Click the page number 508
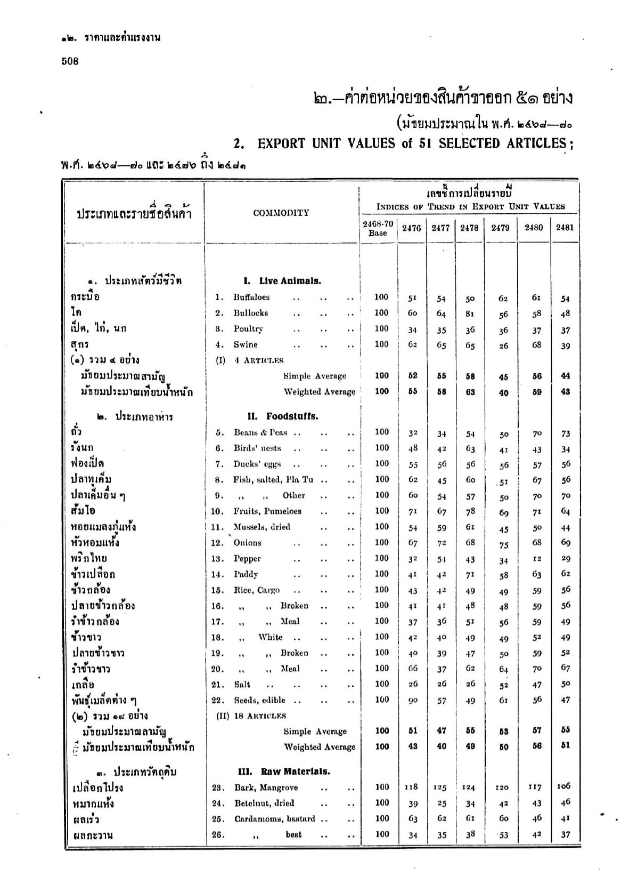70,61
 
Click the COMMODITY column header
281,213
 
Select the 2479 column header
500,228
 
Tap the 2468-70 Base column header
378,228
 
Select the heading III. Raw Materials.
283,772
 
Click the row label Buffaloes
251,298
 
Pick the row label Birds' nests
257,448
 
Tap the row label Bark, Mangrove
266,787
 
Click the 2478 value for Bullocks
470,314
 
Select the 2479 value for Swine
503,345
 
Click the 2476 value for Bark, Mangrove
411,787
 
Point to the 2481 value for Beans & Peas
565,433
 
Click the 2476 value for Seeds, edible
412,701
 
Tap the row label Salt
242,685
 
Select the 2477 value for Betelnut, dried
442,803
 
